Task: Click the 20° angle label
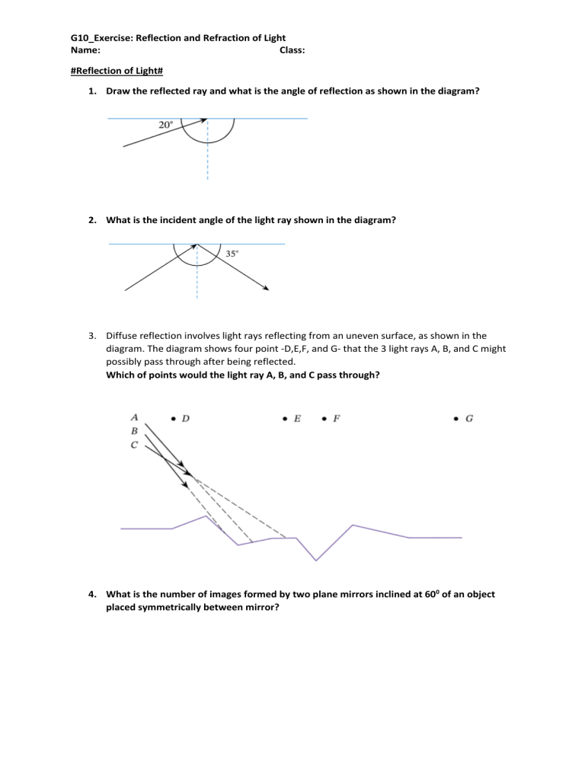[166, 125]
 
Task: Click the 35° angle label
[232, 254]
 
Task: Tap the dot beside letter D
[173, 418]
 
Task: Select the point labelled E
[284, 418]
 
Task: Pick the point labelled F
[324, 418]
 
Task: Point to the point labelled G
[456, 418]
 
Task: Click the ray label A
[134, 417]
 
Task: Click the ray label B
[134, 430]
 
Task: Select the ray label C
[134, 445]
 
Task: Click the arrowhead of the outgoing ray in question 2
[267, 288]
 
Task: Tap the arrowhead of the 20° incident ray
[204, 120]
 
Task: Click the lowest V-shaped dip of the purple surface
[316, 560]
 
